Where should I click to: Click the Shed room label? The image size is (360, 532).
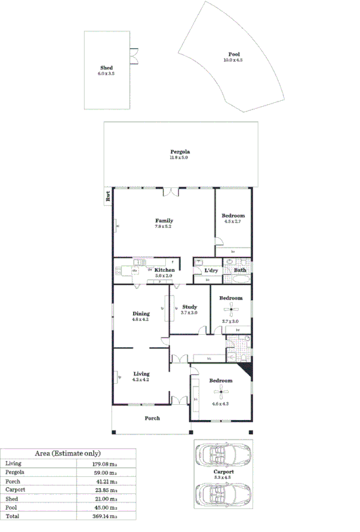(107, 68)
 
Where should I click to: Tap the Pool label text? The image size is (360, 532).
(233, 54)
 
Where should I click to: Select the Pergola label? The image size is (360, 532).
(179, 152)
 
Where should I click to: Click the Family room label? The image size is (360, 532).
(163, 220)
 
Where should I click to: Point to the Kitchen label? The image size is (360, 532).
(164, 270)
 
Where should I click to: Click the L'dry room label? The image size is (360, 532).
(210, 270)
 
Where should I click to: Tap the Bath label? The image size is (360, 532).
(240, 270)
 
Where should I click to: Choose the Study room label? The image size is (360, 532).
(190, 307)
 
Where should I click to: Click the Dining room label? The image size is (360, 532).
(141, 313)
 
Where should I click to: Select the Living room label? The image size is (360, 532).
(141, 373)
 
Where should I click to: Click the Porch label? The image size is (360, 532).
(151, 418)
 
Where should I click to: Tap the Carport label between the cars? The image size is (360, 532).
(224, 472)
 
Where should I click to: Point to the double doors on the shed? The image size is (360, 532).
(134, 56)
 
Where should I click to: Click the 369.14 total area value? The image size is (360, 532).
(104, 516)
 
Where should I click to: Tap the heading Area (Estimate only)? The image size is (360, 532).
(68, 453)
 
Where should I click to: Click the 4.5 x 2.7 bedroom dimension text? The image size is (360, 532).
(233, 221)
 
